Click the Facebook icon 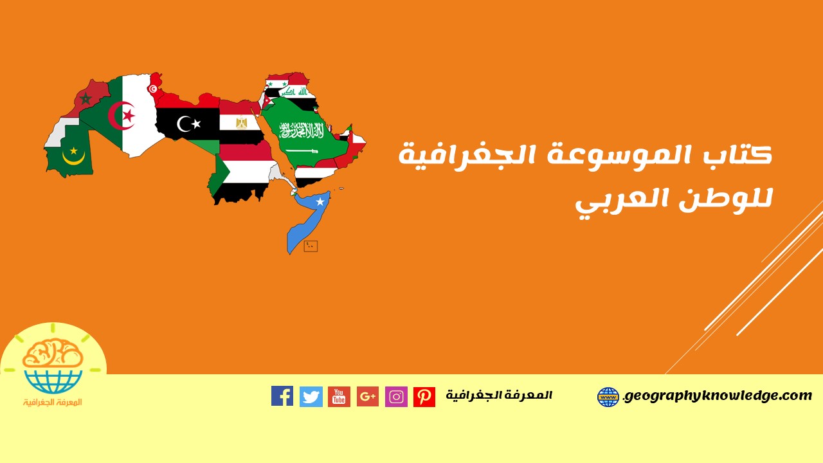pos(282,395)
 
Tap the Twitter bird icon pos(311,397)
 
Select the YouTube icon pos(339,397)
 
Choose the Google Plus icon pos(367,397)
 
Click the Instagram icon pos(396,397)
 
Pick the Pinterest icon pos(424,397)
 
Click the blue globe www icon pos(608,397)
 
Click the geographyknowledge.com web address pos(718,396)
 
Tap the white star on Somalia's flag pos(320,201)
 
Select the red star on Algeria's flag pos(129,116)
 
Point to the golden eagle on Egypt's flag pos(241,123)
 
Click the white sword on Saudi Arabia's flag pos(302,150)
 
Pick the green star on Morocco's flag pos(86,98)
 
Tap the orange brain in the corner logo pos(53,354)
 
